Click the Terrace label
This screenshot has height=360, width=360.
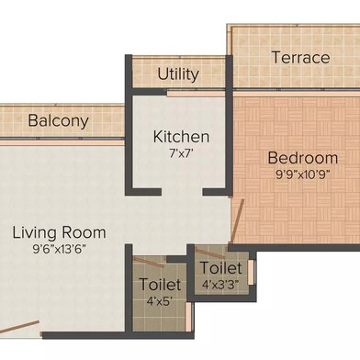(300, 58)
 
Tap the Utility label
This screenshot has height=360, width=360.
(178, 74)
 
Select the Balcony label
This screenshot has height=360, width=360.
(58, 121)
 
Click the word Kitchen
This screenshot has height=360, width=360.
(181, 137)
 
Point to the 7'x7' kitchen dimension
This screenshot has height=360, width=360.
(181, 153)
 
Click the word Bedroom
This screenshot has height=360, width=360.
(303, 158)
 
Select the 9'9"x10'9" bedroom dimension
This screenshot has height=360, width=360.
(303, 174)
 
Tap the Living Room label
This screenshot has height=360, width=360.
(59, 233)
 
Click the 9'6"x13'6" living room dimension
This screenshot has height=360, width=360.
(59, 249)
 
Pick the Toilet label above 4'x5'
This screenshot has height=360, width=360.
(160, 285)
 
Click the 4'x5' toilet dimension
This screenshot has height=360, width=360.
(160, 301)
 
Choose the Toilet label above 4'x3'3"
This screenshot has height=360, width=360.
(221, 268)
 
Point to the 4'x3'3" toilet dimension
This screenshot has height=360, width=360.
(220, 285)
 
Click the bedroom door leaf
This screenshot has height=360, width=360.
(237, 221)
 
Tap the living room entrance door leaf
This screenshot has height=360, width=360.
(19, 327)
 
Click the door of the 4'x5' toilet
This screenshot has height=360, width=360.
(149, 262)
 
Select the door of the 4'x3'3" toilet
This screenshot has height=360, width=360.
(210, 253)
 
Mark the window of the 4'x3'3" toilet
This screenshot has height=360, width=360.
(251, 272)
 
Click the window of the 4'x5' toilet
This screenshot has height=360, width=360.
(189, 317)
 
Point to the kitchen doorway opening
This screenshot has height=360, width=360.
(182, 192)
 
